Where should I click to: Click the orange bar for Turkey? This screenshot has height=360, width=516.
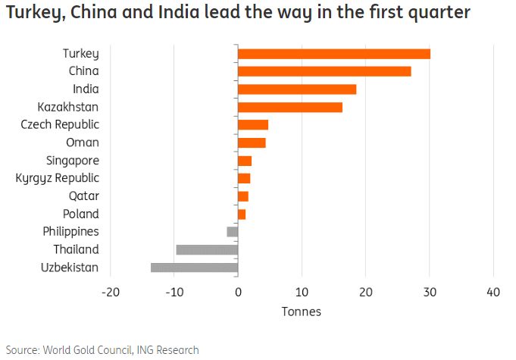click(333, 53)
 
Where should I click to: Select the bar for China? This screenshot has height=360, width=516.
click(324, 71)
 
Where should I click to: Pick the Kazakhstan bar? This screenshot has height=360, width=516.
click(290, 107)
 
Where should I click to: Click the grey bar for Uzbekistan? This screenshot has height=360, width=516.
click(195, 267)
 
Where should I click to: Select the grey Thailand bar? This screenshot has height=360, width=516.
click(207, 249)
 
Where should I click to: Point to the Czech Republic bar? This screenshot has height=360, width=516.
click(253, 124)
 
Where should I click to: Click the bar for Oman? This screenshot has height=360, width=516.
click(252, 142)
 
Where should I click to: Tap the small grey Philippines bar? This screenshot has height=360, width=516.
click(233, 231)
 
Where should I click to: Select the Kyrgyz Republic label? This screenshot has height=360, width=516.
click(57, 178)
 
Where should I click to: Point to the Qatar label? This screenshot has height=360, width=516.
click(83, 196)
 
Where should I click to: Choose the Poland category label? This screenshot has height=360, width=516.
click(80, 214)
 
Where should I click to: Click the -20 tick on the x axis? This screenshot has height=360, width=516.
click(111, 293)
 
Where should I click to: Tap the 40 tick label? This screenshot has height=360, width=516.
click(494, 293)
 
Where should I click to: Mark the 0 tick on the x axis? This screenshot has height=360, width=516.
click(238, 293)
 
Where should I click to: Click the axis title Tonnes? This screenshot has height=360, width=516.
click(302, 311)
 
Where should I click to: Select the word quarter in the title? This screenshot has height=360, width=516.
click(438, 13)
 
